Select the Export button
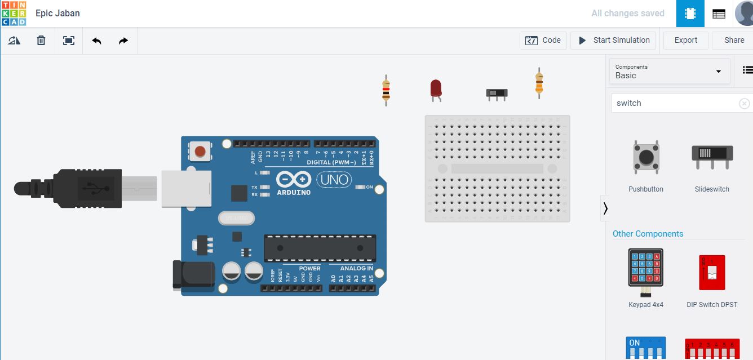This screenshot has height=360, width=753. [x=685, y=40]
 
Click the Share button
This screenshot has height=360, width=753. [x=734, y=40]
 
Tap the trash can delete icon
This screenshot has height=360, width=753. [x=41, y=41]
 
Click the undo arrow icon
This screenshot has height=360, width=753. [x=96, y=41]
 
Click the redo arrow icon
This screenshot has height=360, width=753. [x=123, y=41]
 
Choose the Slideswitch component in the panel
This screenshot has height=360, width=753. [x=712, y=157]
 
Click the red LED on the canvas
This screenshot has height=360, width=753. [x=436, y=89]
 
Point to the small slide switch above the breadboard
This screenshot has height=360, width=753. [x=497, y=93]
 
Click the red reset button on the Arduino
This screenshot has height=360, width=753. [x=200, y=151]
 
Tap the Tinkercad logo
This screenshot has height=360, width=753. [x=14, y=14]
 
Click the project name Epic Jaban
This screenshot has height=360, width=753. [x=57, y=13]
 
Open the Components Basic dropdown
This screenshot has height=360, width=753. [x=670, y=71]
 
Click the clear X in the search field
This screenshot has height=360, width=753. [x=744, y=103]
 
